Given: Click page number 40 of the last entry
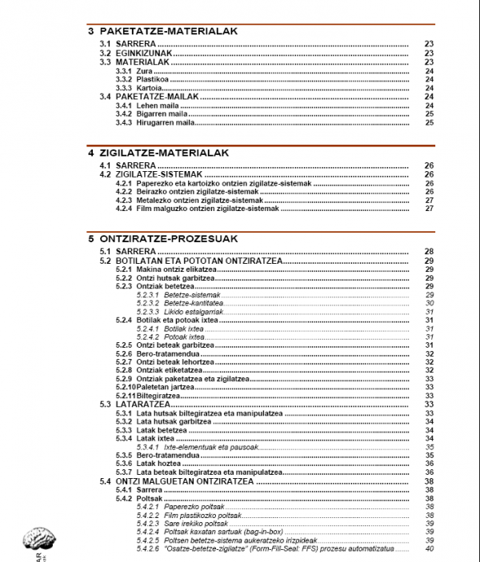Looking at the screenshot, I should tap(429, 548).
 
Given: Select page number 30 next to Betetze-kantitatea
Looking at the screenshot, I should tap(429, 303).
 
